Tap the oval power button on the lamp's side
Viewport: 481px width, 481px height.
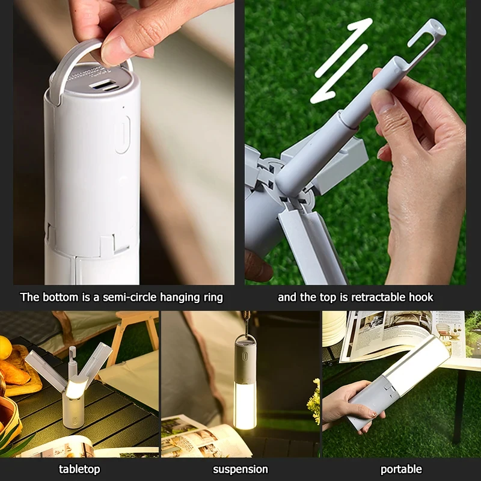pyautogui.click(x=123, y=133)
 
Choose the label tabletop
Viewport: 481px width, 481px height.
pyautogui.click(x=79, y=469)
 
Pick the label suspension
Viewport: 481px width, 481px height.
pyautogui.click(x=240, y=469)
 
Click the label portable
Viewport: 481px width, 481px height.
pyautogui.click(x=401, y=469)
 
